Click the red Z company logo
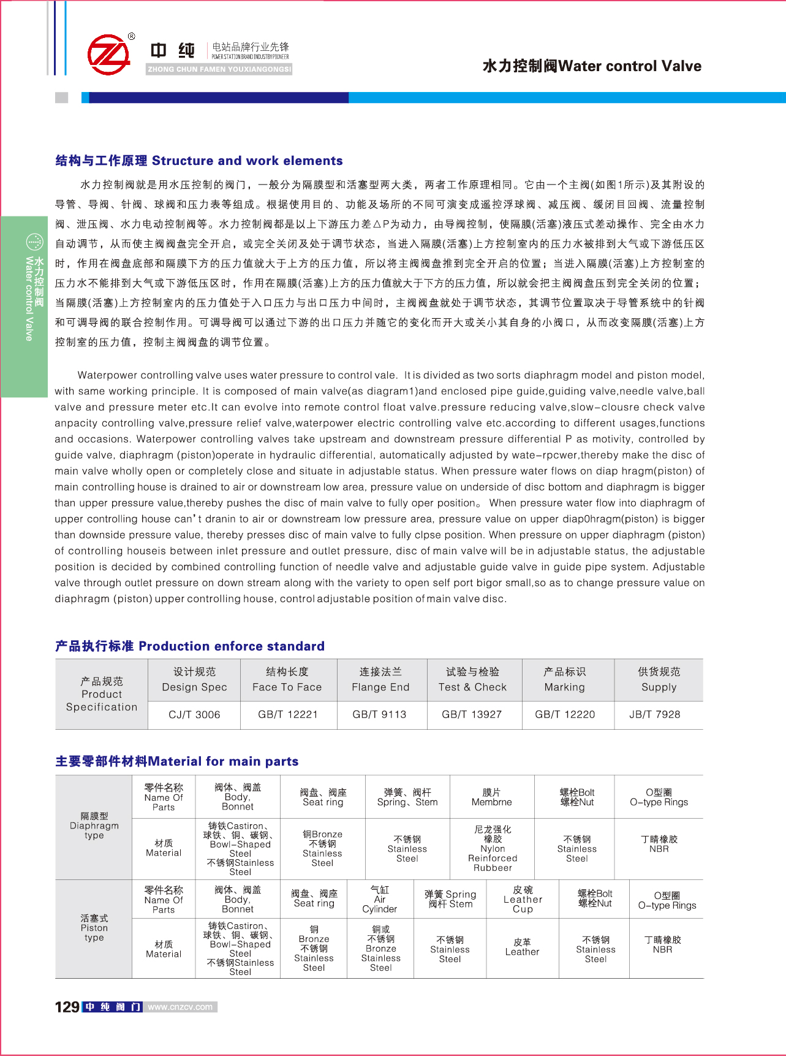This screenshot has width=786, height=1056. point(109,55)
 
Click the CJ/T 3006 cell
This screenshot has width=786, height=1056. point(194,714)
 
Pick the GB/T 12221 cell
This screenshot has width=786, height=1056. point(288,714)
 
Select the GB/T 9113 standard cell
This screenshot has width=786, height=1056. point(380,714)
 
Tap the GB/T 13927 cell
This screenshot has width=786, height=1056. point(472,714)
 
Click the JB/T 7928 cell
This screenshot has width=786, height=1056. point(655,714)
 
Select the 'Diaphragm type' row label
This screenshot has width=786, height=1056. point(94,826)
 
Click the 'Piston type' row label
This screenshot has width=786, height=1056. point(94,928)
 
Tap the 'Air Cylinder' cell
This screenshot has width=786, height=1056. point(380,900)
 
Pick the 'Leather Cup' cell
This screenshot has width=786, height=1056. point(523,900)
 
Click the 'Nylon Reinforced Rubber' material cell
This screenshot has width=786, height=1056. point(493,849)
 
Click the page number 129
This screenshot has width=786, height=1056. point(67,1007)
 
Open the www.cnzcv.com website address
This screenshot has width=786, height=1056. point(180,1007)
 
